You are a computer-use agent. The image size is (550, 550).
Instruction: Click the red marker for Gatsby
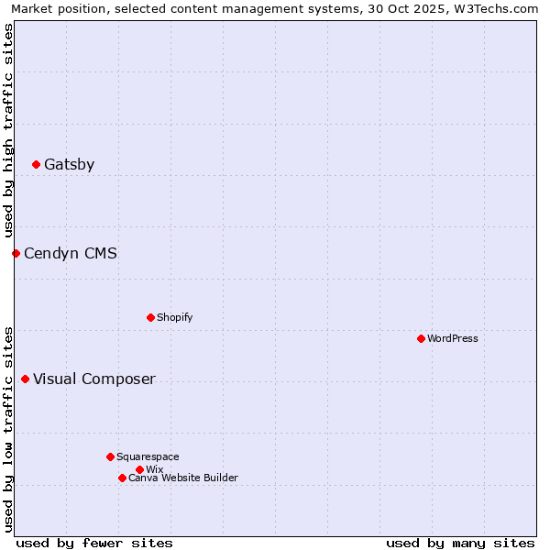tap(36, 165)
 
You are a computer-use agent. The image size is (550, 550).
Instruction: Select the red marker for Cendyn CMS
tap(16, 253)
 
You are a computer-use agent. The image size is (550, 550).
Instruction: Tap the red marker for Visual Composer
tap(25, 379)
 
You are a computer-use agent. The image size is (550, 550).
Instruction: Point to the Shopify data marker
tap(150, 318)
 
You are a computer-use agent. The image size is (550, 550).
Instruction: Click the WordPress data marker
tap(421, 339)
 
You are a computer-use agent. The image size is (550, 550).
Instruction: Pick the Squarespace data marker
tap(110, 456)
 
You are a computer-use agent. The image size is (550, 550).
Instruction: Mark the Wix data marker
tap(139, 469)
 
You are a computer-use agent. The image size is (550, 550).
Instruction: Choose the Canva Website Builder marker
tap(122, 478)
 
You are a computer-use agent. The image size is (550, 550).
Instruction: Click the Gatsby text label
tap(69, 165)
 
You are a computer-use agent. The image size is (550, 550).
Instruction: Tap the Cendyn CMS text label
tap(71, 253)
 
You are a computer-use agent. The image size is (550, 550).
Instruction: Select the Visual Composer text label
tap(94, 379)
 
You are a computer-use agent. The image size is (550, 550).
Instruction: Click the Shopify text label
tap(174, 318)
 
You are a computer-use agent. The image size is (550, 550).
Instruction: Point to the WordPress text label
tap(453, 339)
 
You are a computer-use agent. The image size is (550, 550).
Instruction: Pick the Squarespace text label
tap(148, 456)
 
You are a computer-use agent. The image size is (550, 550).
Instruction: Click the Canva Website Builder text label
tap(183, 478)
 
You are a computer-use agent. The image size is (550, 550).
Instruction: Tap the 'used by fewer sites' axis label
tap(94, 543)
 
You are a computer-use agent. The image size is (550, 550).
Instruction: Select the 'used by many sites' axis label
tap(460, 543)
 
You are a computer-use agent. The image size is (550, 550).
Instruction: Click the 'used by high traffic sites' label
tap(8, 130)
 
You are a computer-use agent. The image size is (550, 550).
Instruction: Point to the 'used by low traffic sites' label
tap(8, 429)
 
